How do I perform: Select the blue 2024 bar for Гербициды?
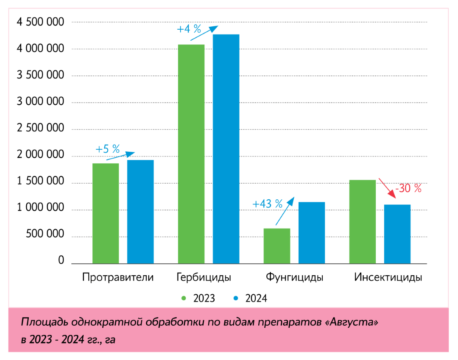(x=226, y=149)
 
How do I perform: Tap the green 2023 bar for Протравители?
(x=106, y=213)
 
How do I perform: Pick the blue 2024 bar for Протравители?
(x=140, y=212)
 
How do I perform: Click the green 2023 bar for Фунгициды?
(x=277, y=246)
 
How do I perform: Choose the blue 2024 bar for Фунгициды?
(x=312, y=233)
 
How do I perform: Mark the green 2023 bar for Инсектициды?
(x=363, y=222)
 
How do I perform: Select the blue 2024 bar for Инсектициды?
(x=397, y=234)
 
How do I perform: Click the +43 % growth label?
(x=267, y=204)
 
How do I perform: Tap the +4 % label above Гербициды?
(x=189, y=29)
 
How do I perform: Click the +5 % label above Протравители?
(x=108, y=149)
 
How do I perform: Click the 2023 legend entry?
(x=199, y=298)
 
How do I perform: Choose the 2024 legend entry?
(x=251, y=298)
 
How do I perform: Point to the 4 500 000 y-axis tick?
(x=40, y=22)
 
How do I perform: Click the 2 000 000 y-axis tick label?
(x=40, y=156)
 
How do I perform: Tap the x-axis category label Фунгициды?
(x=294, y=278)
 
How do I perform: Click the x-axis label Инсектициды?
(x=388, y=278)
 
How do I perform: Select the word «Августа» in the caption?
(x=352, y=322)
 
